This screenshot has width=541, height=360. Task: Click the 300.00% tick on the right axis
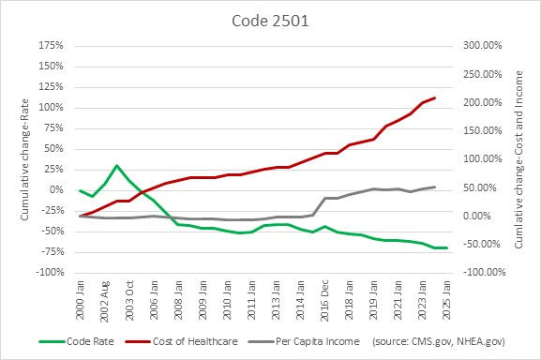[479, 45]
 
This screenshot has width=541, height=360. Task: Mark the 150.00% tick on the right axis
[479, 130]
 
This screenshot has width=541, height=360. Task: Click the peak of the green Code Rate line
[116, 166]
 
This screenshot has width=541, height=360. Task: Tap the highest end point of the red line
[434, 97]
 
